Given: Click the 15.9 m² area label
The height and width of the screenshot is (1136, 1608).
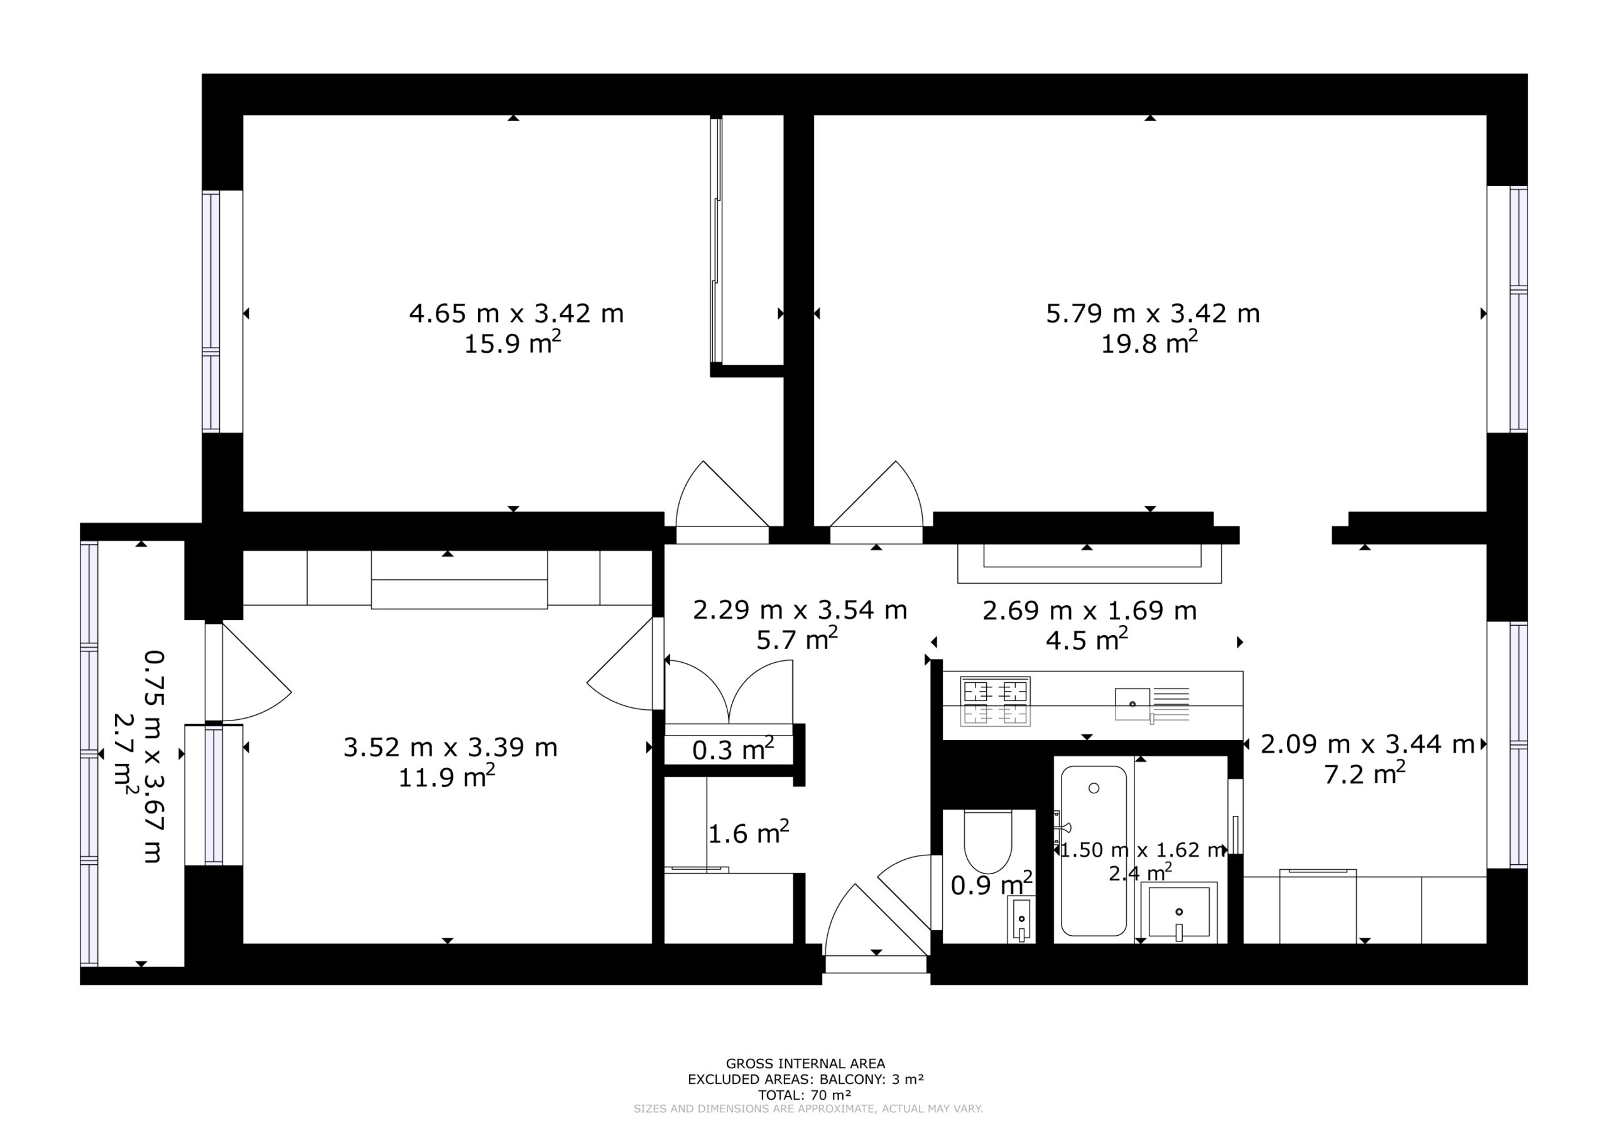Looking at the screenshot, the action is [x=513, y=343].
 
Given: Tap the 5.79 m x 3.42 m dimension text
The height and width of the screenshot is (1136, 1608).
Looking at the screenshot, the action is [x=1153, y=314].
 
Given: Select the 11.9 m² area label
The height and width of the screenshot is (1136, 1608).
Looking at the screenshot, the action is [x=447, y=776].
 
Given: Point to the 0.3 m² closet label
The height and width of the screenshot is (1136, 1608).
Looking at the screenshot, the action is [x=732, y=749].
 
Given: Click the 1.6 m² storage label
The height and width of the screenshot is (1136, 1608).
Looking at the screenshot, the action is [x=749, y=832].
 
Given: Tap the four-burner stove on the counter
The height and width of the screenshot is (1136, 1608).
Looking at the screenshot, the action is [x=994, y=701].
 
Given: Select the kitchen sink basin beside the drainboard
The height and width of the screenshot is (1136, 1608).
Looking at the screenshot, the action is [x=1133, y=704].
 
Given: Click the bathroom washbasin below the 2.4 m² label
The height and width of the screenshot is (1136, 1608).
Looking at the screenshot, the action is [x=1179, y=912].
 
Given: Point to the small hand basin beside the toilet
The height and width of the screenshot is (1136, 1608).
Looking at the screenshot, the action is [x=1022, y=919].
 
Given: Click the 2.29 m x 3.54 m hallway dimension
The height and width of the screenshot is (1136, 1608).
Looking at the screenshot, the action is [x=800, y=610].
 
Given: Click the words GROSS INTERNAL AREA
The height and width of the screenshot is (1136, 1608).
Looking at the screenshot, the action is [x=805, y=1064].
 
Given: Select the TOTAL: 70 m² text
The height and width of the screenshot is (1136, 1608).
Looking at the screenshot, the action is [x=805, y=1095].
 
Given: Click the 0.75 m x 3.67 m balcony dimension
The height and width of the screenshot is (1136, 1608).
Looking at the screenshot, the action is [x=154, y=758].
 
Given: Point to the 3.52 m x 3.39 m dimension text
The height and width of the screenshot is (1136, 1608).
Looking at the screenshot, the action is [x=450, y=748].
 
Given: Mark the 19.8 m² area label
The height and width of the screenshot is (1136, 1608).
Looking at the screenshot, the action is [x=1149, y=343].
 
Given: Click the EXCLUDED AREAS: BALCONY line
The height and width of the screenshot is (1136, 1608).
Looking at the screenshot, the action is [x=805, y=1080].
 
